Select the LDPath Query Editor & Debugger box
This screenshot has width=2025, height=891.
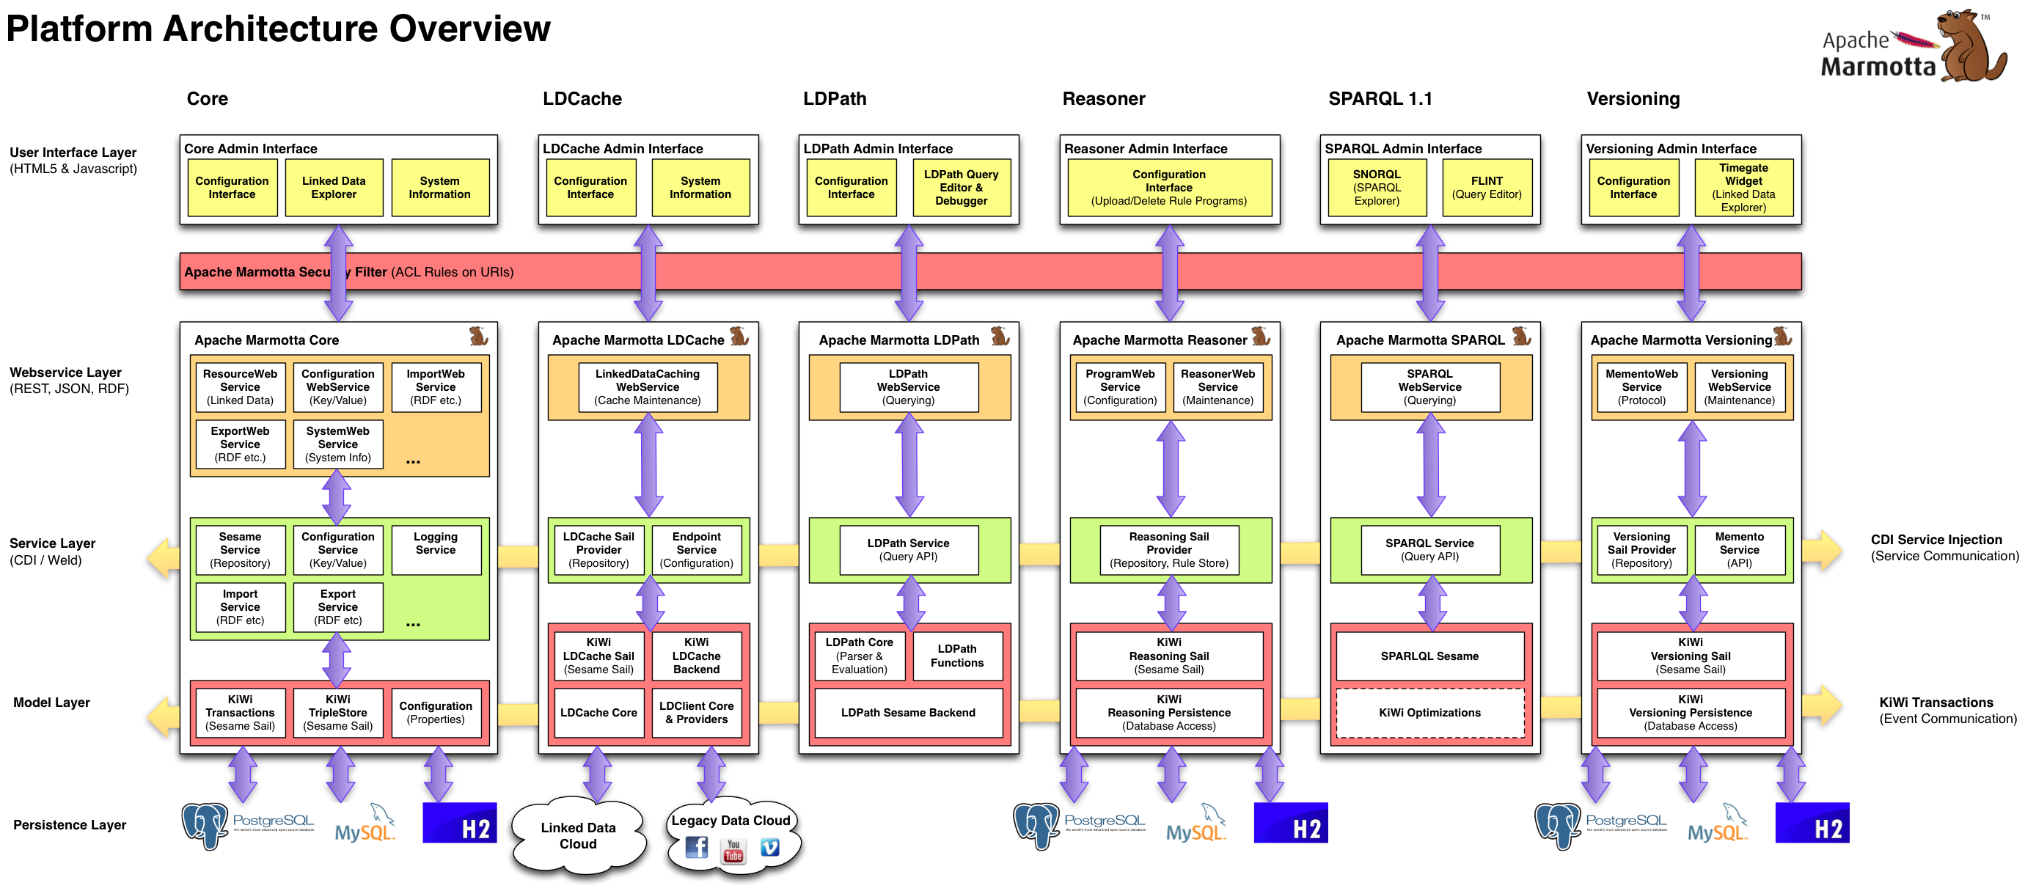pyautogui.click(x=961, y=188)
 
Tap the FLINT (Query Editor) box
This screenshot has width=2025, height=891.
pyautogui.click(x=1486, y=188)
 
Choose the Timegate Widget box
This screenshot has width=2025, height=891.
pyautogui.click(x=1743, y=188)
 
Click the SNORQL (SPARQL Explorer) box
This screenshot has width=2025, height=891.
pyautogui.click(x=1376, y=188)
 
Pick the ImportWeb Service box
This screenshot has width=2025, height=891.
pyautogui.click(x=436, y=386)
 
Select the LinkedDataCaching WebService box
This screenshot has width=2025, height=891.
pyautogui.click(x=647, y=386)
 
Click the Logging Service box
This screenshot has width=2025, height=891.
pyautogui.click(x=436, y=549)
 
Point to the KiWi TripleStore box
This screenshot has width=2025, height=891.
pyautogui.click(x=338, y=713)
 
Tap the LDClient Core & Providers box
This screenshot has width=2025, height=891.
pyautogui.click(x=697, y=713)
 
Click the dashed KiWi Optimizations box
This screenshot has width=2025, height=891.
pyautogui.click(x=1429, y=713)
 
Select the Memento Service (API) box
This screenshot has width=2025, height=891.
pyautogui.click(x=1739, y=549)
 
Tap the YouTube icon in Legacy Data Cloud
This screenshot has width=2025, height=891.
pyautogui.click(x=733, y=851)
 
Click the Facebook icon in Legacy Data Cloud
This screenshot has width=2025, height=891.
pyautogui.click(x=697, y=847)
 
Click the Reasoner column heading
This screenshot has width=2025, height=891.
pyautogui.click(x=1104, y=99)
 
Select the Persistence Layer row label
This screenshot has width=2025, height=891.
pyautogui.click(x=70, y=825)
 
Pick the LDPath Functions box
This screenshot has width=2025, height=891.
pyautogui.click(x=956, y=656)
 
